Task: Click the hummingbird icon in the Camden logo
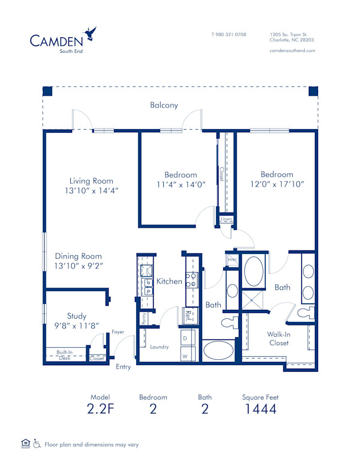91,32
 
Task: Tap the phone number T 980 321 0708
229,34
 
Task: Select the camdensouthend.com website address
292,50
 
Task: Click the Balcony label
164,105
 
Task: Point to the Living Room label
91,181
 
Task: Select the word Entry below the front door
123,367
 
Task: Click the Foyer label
118,331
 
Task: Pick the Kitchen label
169,281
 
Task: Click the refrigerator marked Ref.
188,314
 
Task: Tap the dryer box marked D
185,339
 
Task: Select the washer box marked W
185,356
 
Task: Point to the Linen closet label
226,219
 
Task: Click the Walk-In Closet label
279,339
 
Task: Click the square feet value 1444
260,410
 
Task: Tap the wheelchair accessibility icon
37,444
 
